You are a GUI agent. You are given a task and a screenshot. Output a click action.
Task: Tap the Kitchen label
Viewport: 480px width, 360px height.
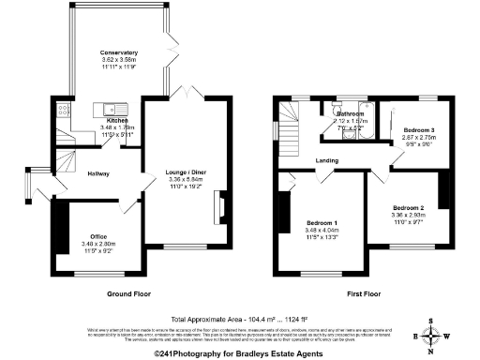click(117, 121)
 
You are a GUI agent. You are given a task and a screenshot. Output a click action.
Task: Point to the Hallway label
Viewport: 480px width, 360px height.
click(99, 174)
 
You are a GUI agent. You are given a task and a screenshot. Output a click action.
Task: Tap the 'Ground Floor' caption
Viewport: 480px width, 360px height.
click(129, 293)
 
